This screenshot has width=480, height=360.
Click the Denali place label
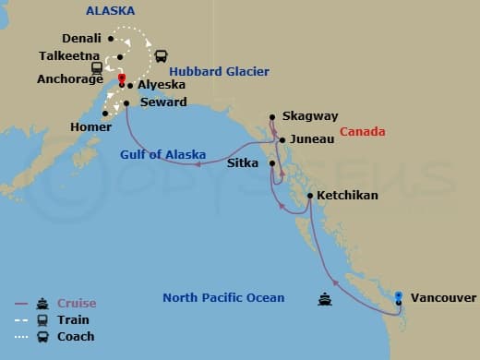(x=81, y=39)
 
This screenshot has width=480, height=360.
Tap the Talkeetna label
(x=70, y=55)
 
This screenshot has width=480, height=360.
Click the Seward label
(x=162, y=102)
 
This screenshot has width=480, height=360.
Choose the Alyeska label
(x=162, y=85)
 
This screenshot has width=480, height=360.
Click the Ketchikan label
(x=347, y=197)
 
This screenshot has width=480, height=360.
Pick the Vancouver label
(x=443, y=298)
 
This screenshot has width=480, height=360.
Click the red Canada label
(x=363, y=132)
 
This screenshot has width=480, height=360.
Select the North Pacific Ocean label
(x=223, y=298)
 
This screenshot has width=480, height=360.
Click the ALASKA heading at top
(x=110, y=11)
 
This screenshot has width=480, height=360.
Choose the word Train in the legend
(x=73, y=320)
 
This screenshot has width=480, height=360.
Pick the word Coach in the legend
(x=76, y=337)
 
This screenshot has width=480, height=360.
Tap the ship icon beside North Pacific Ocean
(x=325, y=298)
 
